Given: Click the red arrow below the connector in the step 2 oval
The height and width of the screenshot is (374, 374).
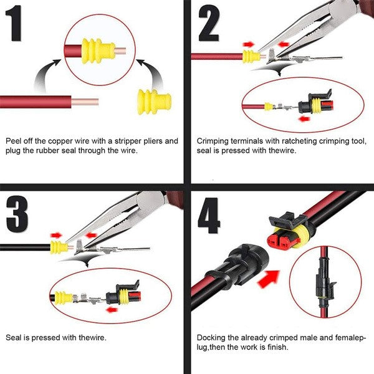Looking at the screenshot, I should pos(305,118).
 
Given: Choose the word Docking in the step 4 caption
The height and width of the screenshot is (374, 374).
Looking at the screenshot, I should pos(211,337).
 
